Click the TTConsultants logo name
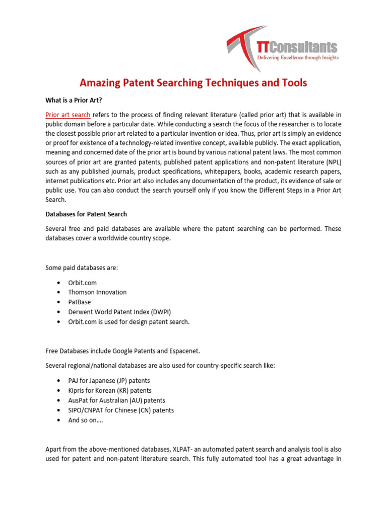coord(297,47)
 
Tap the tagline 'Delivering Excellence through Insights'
coord(298,58)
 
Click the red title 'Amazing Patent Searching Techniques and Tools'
coord(193,82)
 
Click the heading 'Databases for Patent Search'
coord(86,214)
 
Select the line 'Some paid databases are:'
coord(82,268)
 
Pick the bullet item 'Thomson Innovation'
coord(97,292)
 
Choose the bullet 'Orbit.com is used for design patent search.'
coord(129,322)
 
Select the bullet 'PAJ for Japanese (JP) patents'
coord(109,381)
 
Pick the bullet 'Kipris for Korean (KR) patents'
coord(110,391)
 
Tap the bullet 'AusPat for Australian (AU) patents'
coord(116,400)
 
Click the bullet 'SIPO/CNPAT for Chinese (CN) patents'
coord(121,410)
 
